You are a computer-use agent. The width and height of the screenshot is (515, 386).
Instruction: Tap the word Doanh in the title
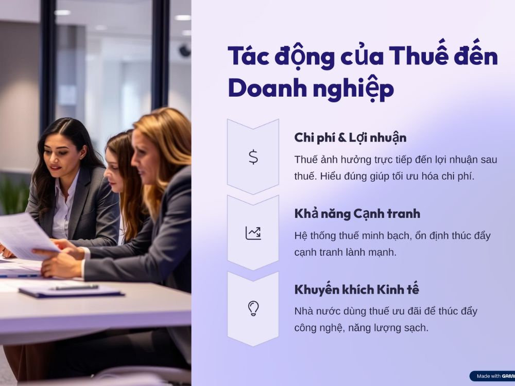(267, 88)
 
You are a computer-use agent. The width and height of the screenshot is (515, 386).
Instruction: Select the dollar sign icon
(253, 157)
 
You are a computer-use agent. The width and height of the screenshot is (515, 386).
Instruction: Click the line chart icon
(253, 233)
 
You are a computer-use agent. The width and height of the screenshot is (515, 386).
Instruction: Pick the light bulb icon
(253, 308)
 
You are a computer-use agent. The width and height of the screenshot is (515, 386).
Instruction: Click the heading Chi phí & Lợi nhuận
(350, 138)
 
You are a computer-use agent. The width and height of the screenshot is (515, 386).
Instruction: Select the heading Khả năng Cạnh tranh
(357, 214)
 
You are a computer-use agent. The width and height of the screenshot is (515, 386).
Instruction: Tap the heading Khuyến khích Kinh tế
(357, 289)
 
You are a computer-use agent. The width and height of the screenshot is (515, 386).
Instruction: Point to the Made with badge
(492, 376)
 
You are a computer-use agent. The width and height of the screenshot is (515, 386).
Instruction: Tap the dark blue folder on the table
(71, 291)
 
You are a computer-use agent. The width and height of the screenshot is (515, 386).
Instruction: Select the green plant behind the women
(14, 195)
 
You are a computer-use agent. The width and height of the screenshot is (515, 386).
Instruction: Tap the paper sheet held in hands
(26, 235)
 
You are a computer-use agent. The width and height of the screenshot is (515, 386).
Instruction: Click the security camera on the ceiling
(184, 50)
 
